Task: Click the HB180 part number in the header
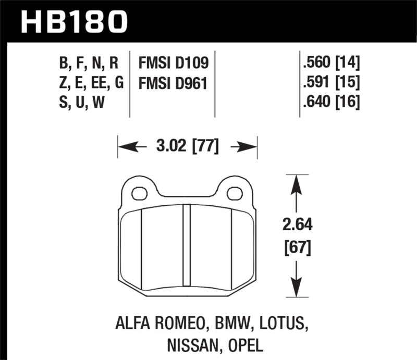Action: pyautogui.click(x=73, y=21)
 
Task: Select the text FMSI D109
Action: pyautogui.click(x=173, y=64)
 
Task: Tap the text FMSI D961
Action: pyautogui.click(x=173, y=83)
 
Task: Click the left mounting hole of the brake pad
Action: pyautogui.click(x=139, y=194)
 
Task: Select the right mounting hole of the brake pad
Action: pyautogui.click(x=235, y=194)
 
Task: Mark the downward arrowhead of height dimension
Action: pyautogui.click(x=296, y=290)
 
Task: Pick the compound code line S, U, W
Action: pyautogui.click(x=82, y=102)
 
